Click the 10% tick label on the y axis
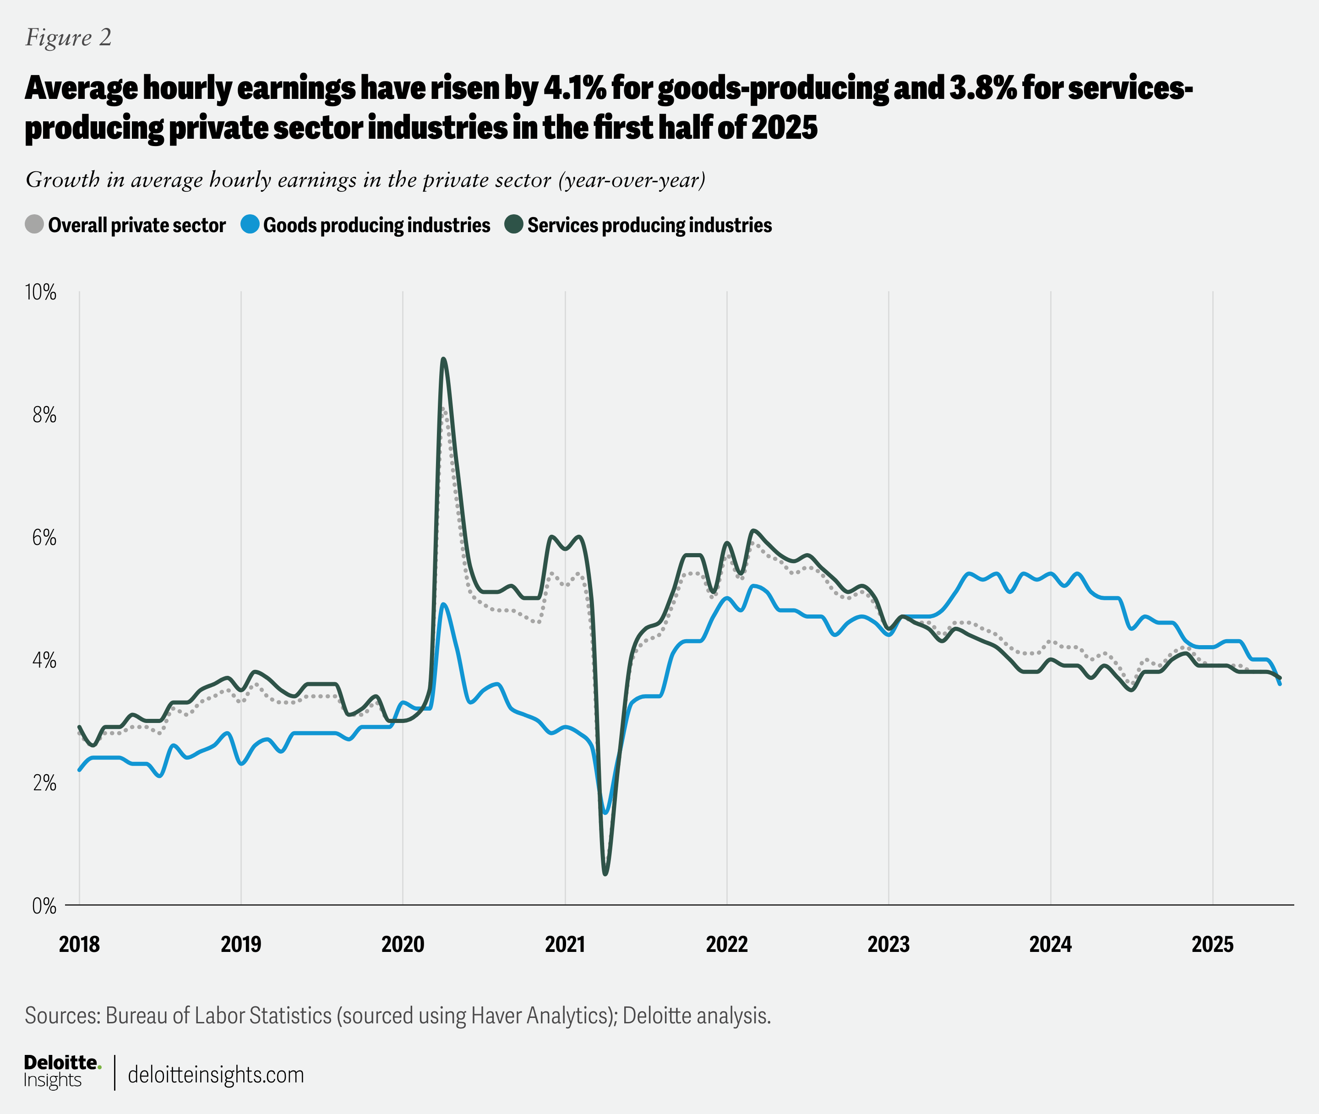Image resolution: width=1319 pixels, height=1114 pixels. (40, 293)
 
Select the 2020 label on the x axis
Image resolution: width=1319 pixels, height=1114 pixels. (403, 944)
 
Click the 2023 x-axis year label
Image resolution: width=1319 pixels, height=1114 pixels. (888, 944)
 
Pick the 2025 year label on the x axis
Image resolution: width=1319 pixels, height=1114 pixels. (1212, 944)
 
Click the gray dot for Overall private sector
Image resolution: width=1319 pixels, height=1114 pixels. (34, 224)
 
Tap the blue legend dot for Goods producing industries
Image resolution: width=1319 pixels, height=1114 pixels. (250, 224)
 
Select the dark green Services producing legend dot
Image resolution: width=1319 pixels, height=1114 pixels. (514, 224)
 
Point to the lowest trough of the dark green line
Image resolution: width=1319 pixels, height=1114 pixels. (605, 874)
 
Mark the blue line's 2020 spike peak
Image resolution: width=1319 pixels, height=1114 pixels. (443, 604)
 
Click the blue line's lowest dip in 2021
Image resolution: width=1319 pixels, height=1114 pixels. (605, 813)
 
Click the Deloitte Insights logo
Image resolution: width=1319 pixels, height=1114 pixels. (61, 1072)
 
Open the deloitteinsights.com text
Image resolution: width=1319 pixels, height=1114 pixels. (215, 1074)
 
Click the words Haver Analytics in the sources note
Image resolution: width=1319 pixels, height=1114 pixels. (540, 1016)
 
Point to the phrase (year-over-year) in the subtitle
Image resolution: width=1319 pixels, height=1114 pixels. (632, 180)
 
